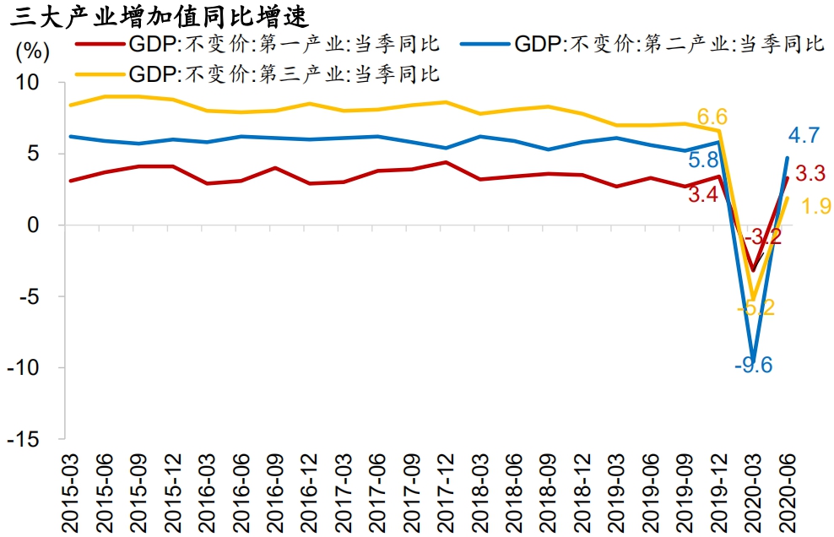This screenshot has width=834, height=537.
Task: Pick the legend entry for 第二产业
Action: pos(668,45)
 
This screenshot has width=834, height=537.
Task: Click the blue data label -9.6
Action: pos(752,366)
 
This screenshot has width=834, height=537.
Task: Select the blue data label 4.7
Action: pos(804,135)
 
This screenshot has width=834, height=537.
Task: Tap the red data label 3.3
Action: pos(810,175)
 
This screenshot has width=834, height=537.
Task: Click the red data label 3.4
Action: pos(703,196)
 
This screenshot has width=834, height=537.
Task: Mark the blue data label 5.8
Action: pos(702,160)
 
